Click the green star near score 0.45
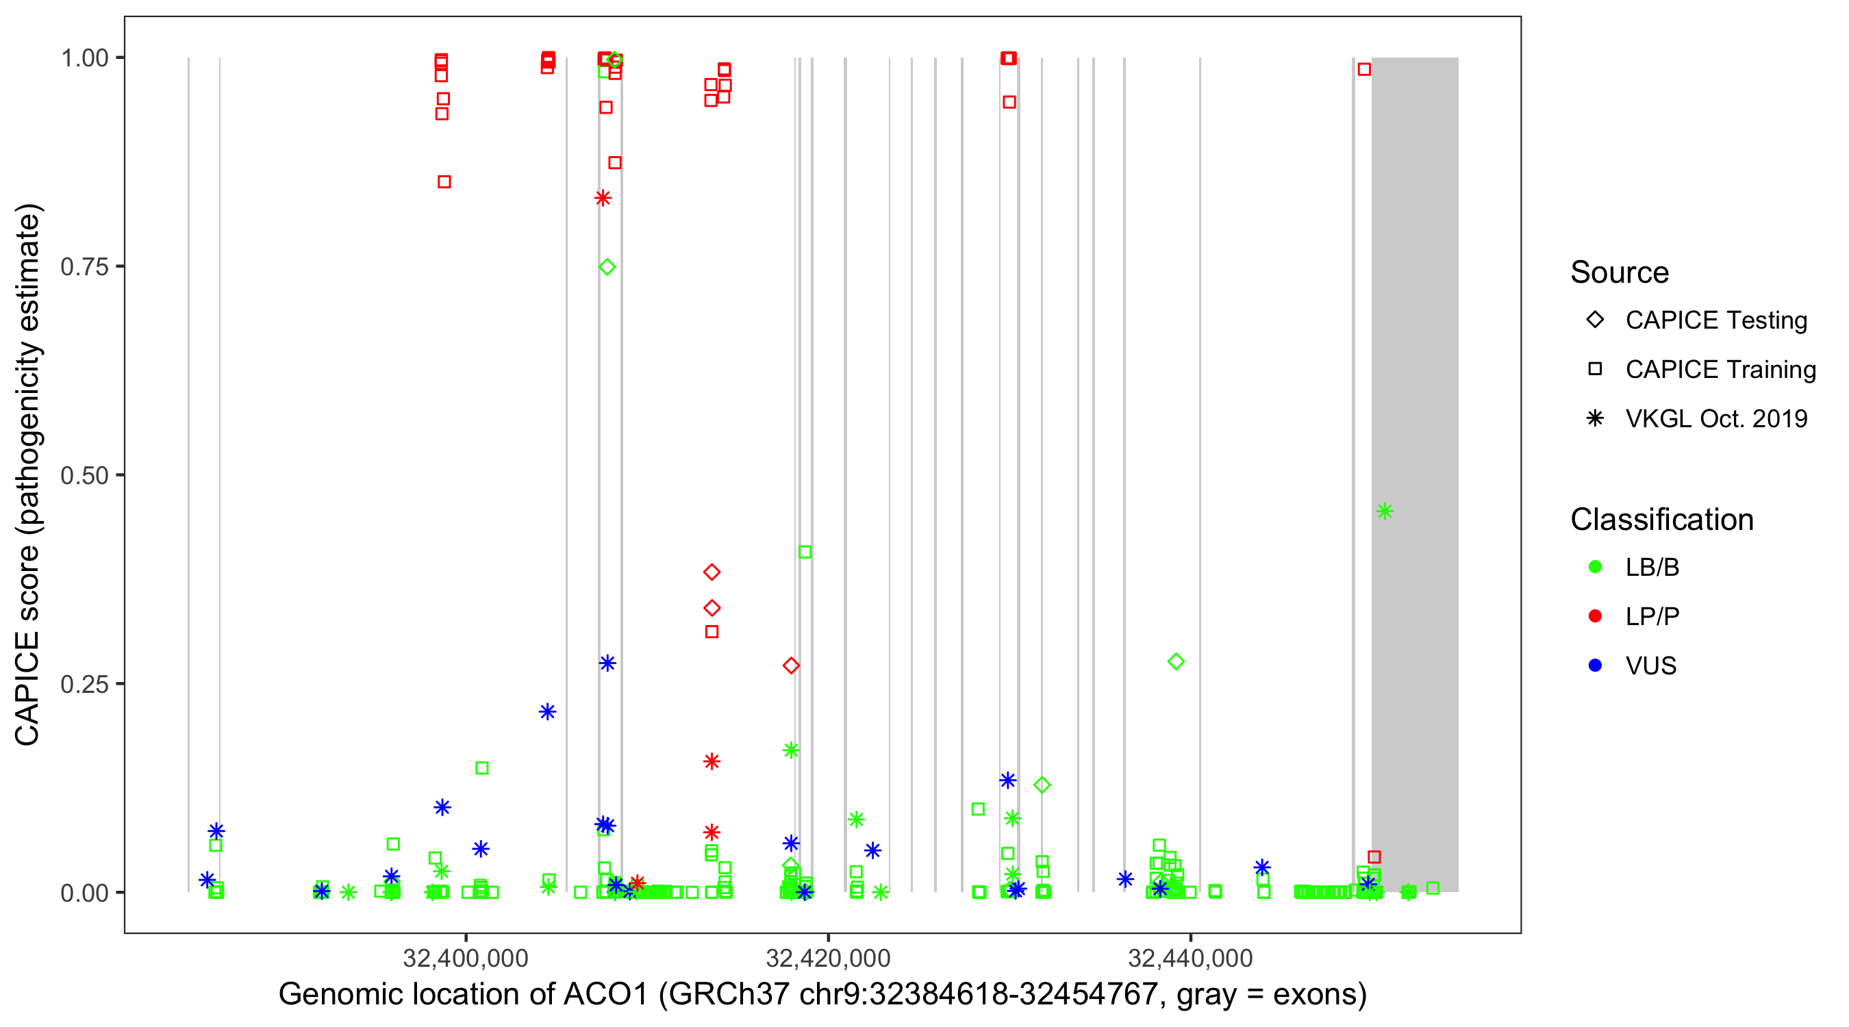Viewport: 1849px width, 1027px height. (x=1385, y=511)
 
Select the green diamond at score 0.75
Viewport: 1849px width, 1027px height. (x=607, y=267)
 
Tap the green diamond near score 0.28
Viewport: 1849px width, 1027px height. (x=1176, y=661)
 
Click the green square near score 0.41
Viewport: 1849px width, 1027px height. (x=805, y=552)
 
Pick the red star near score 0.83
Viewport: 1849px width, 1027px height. (x=603, y=198)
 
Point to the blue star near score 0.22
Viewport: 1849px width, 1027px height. (x=548, y=712)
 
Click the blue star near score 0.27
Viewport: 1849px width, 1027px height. (x=607, y=663)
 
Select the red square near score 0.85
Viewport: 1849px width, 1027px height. (x=444, y=182)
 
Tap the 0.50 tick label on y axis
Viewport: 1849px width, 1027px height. (x=84, y=475)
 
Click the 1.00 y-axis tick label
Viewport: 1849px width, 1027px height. (x=84, y=58)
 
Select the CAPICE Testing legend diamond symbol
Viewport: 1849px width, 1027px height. (x=1595, y=320)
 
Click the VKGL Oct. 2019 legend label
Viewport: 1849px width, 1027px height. (x=1716, y=418)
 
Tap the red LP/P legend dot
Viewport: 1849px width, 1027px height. (x=1595, y=616)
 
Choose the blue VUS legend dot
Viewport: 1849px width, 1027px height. (x=1595, y=665)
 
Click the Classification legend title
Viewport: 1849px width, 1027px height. (x=1661, y=520)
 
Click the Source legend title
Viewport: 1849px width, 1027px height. (x=1620, y=272)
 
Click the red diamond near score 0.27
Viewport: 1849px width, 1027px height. (x=791, y=666)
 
